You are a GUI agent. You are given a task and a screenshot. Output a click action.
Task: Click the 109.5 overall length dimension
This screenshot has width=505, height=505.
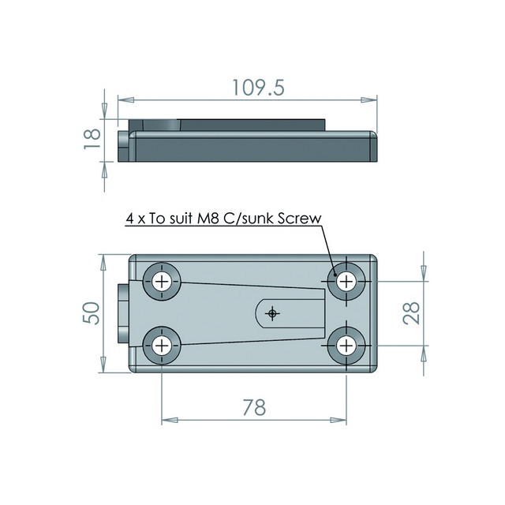tap(248, 86)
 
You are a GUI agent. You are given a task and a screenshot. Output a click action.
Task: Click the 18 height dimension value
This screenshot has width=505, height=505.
tap(92, 139)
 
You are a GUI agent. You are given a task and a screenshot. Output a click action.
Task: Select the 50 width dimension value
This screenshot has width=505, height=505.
tap(92, 313)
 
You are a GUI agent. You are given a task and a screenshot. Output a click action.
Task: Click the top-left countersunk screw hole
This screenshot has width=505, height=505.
tap(163, 282)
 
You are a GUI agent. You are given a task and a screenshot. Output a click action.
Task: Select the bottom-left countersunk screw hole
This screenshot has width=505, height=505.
tap(163, 345)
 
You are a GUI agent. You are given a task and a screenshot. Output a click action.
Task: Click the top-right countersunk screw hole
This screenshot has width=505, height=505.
tap(346, 282)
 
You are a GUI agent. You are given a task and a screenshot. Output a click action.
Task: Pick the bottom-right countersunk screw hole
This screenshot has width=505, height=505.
tap(346, 345)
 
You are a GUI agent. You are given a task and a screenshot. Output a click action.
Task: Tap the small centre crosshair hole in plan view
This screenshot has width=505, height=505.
tap(273, 313)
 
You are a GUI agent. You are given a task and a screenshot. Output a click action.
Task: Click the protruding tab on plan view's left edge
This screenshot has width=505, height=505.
tap(123, 313)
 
